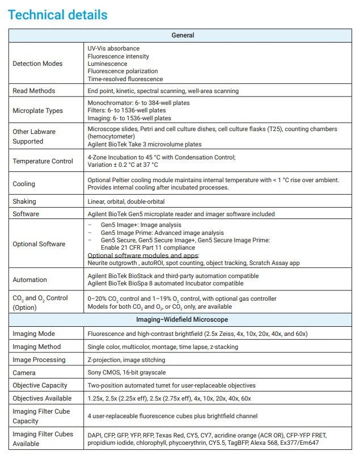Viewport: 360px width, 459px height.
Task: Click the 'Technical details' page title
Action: coord(57,15)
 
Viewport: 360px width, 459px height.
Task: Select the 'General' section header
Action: coord(183,35)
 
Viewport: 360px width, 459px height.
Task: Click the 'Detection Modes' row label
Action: coord(37,64)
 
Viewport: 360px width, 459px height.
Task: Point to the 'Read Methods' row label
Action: coord(34,91)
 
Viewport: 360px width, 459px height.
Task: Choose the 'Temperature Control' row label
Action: coord(43,161)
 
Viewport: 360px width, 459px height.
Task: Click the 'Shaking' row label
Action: coord(24,201)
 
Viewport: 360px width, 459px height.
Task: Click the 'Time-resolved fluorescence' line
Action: coord(125,79)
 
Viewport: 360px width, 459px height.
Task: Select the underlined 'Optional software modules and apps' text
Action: coord(143,255)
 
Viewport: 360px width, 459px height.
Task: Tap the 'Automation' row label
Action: coord(30,280)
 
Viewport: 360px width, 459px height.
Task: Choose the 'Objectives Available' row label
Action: coord(42,398)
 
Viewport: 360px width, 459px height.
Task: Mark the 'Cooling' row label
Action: coord(24,184)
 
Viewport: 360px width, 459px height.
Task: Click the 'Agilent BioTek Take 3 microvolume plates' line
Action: coord(144,144)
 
